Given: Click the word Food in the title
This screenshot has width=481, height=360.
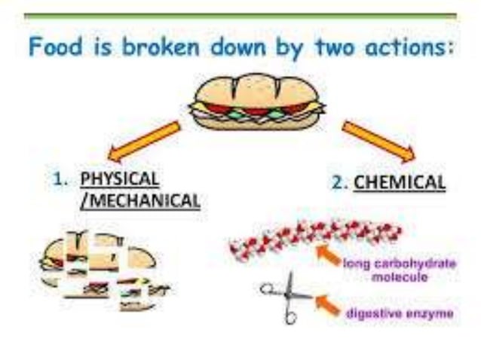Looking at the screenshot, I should [x=54, y=47].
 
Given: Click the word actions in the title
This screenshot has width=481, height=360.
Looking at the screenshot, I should [x=408, y=47].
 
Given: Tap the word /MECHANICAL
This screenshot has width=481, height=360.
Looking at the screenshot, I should [x=140, y=200].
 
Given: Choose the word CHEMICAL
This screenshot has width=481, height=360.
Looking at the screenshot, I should [x=399, y=182].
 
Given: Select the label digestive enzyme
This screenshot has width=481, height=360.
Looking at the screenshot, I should [x=400, y=313].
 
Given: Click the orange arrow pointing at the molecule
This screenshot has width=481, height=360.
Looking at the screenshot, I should [x=327, y=256].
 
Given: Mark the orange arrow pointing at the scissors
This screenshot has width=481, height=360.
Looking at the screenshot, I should [x=326, y=303].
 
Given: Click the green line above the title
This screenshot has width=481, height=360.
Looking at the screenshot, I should [x=240, y=14].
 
